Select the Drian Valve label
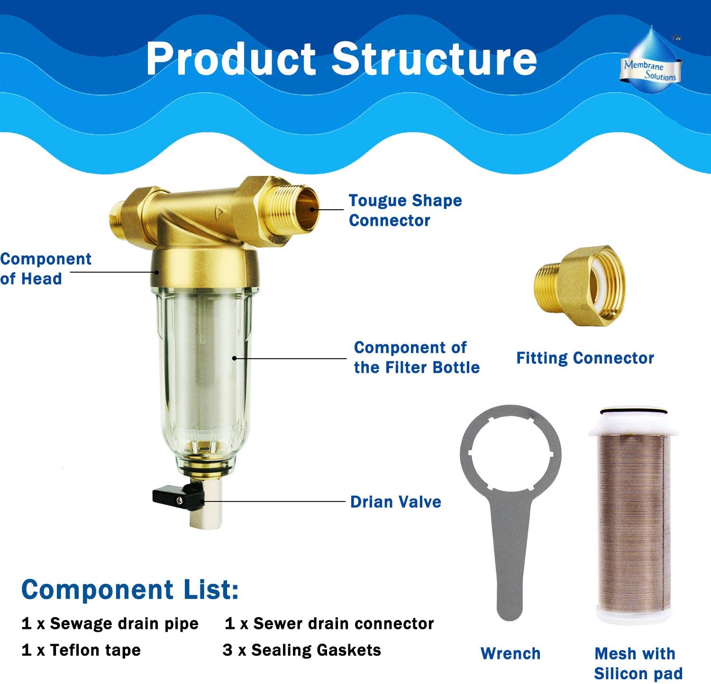[395, 502]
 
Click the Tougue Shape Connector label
[405, 210]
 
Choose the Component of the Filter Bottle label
[416, 357]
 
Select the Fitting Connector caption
[585, 358]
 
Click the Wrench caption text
[510, 654]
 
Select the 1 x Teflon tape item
[81, 650]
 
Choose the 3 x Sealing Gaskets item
[301, 650]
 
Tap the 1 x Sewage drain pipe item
[110, 623]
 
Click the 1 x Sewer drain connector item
[329, 623]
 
